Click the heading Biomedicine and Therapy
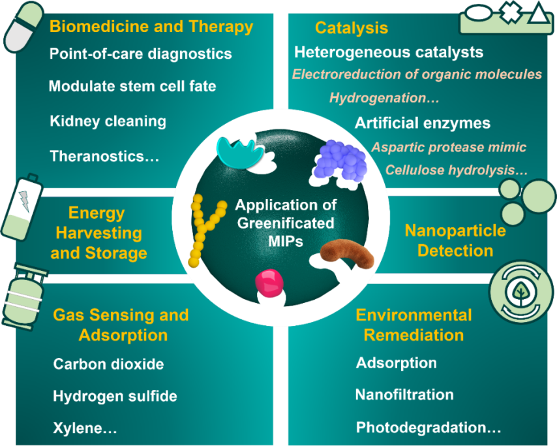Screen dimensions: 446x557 [151, 27]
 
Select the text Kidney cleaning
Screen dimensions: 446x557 [108, 121]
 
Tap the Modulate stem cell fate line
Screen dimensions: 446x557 [132, 86]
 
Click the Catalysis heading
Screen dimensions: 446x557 [351, 28]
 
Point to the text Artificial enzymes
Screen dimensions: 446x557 [422, 123]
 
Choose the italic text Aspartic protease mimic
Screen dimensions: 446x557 [449, 148]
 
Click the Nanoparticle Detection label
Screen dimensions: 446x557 [455, 240]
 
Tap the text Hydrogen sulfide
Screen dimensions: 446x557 [115, 396]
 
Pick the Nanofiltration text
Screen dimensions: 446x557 [404, 395]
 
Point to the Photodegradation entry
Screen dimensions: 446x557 [428, 428]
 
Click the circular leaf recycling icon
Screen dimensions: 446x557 [521, 293]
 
